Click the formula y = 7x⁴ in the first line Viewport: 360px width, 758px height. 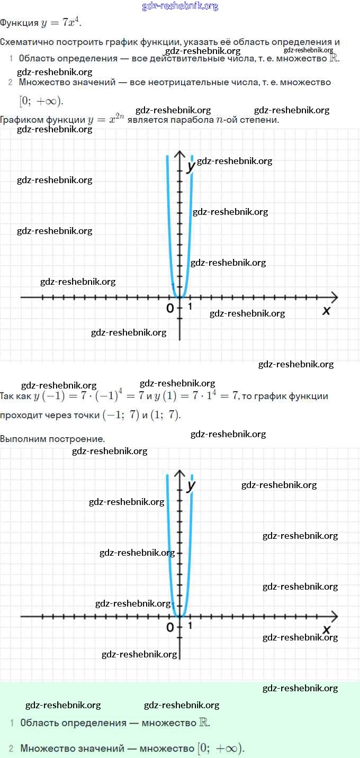pos(61,23)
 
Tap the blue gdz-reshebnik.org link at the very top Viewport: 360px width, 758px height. pos(180,6)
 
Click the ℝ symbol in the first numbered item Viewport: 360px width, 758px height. pos(334,58)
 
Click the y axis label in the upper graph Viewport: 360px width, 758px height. pos(191,166)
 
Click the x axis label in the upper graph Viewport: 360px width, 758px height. pos(326,311)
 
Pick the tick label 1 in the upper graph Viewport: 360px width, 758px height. pos(190,306)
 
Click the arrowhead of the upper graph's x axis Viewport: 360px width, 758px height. pos(334,297)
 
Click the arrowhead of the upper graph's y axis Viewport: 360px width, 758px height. pos(180,155)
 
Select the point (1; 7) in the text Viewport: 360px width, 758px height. pos(166,415)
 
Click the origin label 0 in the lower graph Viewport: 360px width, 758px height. pos(170,627)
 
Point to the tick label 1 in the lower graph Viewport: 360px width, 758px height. pos(190,626)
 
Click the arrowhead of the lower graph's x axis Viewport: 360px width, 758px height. pos(334,616)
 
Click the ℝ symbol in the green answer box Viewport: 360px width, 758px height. pos(204,723)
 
